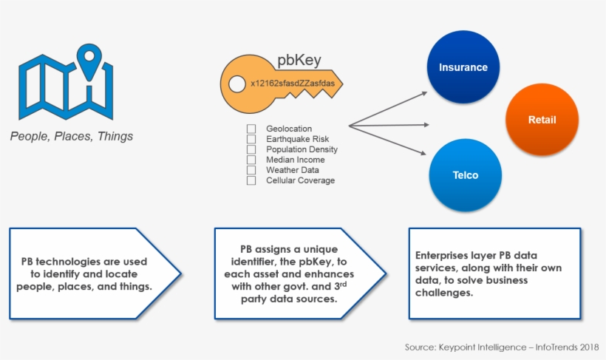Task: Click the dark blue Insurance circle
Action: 463,67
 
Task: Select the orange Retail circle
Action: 541,120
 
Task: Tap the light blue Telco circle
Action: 465,175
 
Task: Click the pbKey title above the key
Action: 299,61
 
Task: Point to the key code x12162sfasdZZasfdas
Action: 292,84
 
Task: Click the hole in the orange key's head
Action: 236,84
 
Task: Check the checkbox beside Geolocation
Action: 251,129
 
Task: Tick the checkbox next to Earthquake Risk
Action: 251,139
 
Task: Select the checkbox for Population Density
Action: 251,149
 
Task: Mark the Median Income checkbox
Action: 251,160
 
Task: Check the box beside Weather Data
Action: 251,170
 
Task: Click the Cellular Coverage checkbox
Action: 251,180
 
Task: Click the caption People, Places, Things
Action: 72,136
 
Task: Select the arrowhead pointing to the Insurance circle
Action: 424,93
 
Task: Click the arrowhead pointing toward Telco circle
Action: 424,154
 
